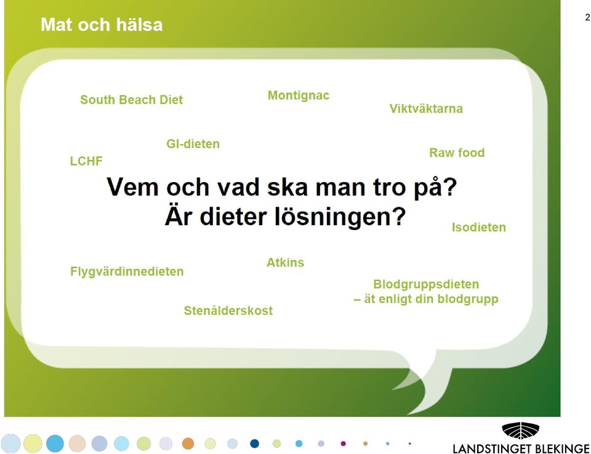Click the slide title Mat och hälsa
(102, 25)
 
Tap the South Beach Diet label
(131, 100)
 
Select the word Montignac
(299, 96)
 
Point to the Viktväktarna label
(426, 108)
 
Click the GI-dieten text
(193, 144)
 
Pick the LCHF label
(86, 161)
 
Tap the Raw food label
(457, 153)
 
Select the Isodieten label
(479, 227)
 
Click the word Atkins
(285, 262)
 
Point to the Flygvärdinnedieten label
(127, 272)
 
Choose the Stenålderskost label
(228, 311)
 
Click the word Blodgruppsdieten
(426, 284)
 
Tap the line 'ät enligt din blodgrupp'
(431, 299)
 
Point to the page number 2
(587, 17)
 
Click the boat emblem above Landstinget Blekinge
(521, 431)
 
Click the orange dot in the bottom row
(188, 444)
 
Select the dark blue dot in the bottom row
(255, 444)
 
